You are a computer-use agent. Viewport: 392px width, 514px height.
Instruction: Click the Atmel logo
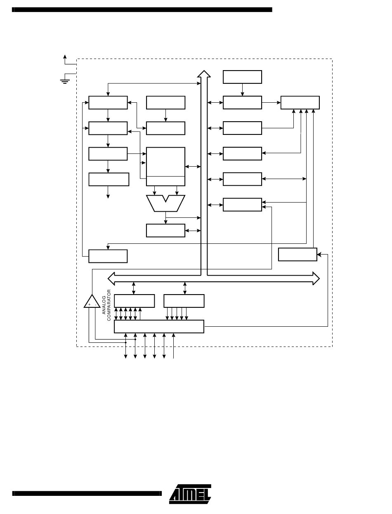pos(190,494)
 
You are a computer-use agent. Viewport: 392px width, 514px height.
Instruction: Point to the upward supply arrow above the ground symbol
pos(64,57)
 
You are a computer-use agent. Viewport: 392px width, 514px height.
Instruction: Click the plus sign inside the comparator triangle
pos(89,305)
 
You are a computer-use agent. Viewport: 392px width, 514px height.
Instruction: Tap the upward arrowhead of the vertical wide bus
pos(203,74)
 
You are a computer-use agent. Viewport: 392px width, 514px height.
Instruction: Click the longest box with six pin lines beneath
pos(159,326)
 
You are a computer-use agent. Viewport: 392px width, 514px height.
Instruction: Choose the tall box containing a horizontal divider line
pos(166,166)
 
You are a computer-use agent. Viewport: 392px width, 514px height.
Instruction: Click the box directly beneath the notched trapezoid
pos(166,231)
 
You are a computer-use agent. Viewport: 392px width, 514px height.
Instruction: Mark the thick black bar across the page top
pos(142,9)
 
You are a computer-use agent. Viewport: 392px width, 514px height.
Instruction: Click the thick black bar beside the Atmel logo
pos(87,493)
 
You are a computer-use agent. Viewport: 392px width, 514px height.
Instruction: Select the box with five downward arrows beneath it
pos(184,301)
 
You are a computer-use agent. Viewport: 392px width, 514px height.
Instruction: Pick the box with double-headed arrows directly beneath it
pos(135,301)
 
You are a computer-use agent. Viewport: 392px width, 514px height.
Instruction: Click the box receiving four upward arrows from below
pos(300,102)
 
